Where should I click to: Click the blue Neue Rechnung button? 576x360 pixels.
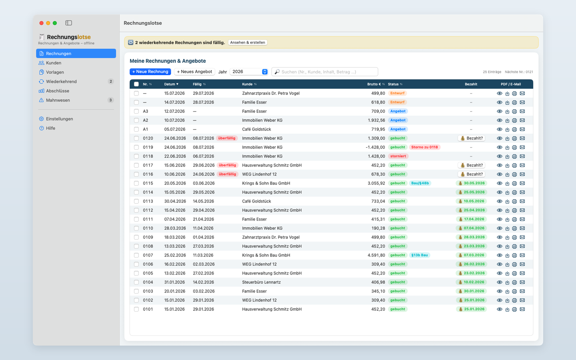pyautogui.click(x=150, y=72)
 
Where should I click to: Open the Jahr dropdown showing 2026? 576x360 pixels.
pyautogui.click(x=249, y=72)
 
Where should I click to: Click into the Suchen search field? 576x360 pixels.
pyautogui.click(x=324, y=72)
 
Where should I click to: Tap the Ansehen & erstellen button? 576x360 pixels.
pyautogui.click(x=247, y=42)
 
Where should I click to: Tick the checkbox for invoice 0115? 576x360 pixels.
pyautogui.click(x=136, y=183)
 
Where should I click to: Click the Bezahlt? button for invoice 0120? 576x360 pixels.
pyautogui.click(x=471, y=138)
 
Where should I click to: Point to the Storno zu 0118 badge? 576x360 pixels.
pyautogui.click(x=424, y=147)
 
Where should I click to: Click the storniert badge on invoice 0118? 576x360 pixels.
pyautogui.click(x=398, y=156)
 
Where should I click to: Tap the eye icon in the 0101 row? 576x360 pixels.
pyautogui.click(x=499, y=309)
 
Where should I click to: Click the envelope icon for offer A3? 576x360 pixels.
pyautogui.click(x=522, y=111)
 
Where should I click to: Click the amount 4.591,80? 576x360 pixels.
pyautogui.click(x=376, y=255)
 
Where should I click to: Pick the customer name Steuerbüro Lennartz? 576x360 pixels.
pyautogui.click(x=261, y=282)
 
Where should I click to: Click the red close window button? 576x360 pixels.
pyautogui.click(x=42, y=23)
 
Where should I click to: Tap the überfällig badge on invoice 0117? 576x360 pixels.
pyautogui.click(x=227, y=165)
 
